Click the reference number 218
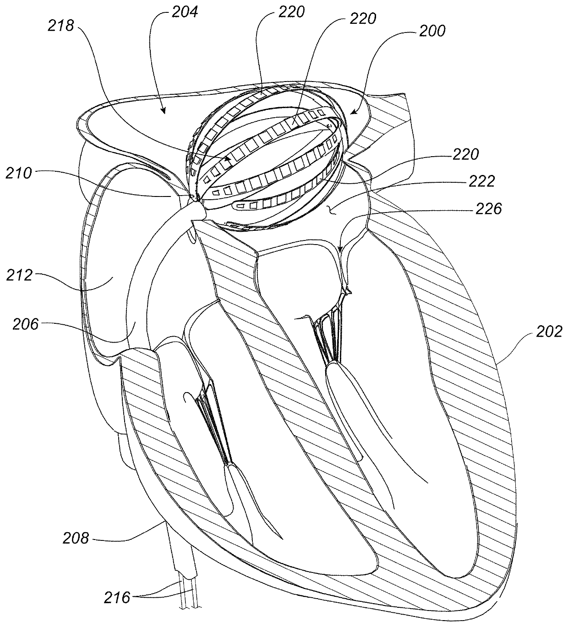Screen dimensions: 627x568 click(x=61, y=26)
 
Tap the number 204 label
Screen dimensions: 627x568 click(x=185, y=11)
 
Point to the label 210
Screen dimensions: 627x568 click(x=19, y=174)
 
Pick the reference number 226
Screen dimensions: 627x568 click(x=488, y=209)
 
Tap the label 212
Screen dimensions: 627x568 click(x=19, y=276)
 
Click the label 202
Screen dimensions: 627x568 click(x=548, y=332)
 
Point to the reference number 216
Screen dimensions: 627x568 click(x=118, y=597)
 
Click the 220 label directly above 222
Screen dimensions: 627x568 click(x=465, y=154)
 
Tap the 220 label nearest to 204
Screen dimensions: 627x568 click(x=291, y=11)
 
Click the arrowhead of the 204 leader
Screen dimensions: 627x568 click(x=163, y=111)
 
